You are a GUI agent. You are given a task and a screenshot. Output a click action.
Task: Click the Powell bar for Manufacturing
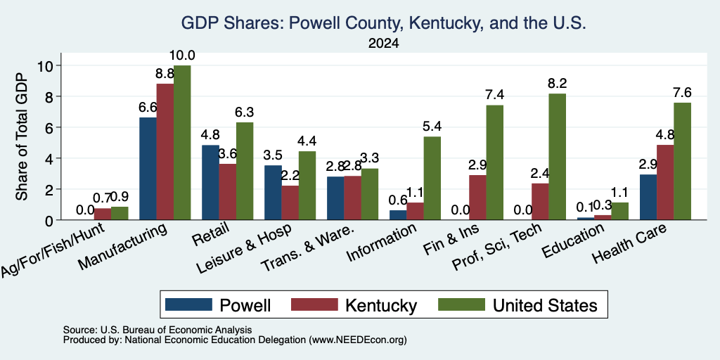coord(148,169)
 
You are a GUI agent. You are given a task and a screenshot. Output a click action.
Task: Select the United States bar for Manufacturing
coord(182,142)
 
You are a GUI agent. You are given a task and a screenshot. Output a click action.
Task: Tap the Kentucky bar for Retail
coord(227,192)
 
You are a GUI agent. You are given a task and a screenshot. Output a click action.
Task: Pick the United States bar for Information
coord(432,178)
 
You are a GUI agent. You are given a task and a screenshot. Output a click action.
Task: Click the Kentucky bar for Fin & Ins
coord(477,198)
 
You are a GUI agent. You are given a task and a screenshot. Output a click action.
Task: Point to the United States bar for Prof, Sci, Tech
coord(558,157)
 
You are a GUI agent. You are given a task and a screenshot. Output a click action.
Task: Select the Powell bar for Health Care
coord(648,198)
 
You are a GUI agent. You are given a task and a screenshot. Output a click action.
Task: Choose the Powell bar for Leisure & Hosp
coord(274,193)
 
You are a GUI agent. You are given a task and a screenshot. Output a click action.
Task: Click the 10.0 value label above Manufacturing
coord(183,56)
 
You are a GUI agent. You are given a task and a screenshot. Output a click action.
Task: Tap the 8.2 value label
coord(558,84)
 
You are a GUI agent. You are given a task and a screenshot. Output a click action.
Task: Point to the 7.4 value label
coord(494,95)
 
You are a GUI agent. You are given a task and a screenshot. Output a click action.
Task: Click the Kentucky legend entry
coord(354,304)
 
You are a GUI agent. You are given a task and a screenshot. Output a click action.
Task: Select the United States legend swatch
coord(461,304)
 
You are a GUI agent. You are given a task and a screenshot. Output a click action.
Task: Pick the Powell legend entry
coord(218,304)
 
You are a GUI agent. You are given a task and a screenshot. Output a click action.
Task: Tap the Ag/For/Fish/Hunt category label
coord(53,250)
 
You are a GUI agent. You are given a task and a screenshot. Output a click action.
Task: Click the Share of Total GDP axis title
coord(22,136)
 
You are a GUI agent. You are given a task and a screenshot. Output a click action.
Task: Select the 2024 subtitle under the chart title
coord(383,44)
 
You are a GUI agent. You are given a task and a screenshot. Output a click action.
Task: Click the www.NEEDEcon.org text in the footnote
coord(358,340)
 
